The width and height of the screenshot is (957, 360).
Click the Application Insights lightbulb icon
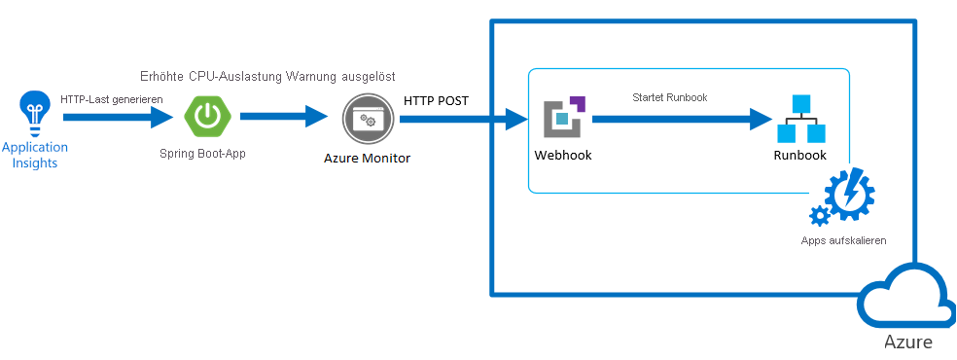(x=35, y=114)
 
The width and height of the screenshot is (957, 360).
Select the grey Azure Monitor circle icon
(x=365, y=119)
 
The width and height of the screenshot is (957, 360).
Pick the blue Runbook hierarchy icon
(x=800, y=119)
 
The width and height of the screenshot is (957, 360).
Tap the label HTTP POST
(x=436, y=100)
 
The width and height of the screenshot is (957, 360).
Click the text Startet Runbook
(x=669, y=97)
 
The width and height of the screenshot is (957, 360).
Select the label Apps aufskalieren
(x=843, y=240)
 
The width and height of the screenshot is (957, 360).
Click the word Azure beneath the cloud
(x=908, y=342)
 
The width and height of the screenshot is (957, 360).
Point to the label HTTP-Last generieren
(x=112, y=99)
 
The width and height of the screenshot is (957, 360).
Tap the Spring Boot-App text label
(x=202, y=153)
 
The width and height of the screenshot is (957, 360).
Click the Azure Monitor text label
(x=368, y=159)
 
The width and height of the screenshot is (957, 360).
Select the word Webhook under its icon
(x=563, y=155)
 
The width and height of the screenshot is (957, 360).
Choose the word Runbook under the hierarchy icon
(x=799, y=155)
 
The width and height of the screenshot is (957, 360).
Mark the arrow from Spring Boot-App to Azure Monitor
(x=284, y=116)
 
